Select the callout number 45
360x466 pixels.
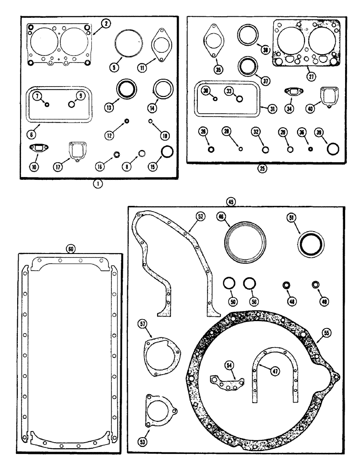(230, 202)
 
